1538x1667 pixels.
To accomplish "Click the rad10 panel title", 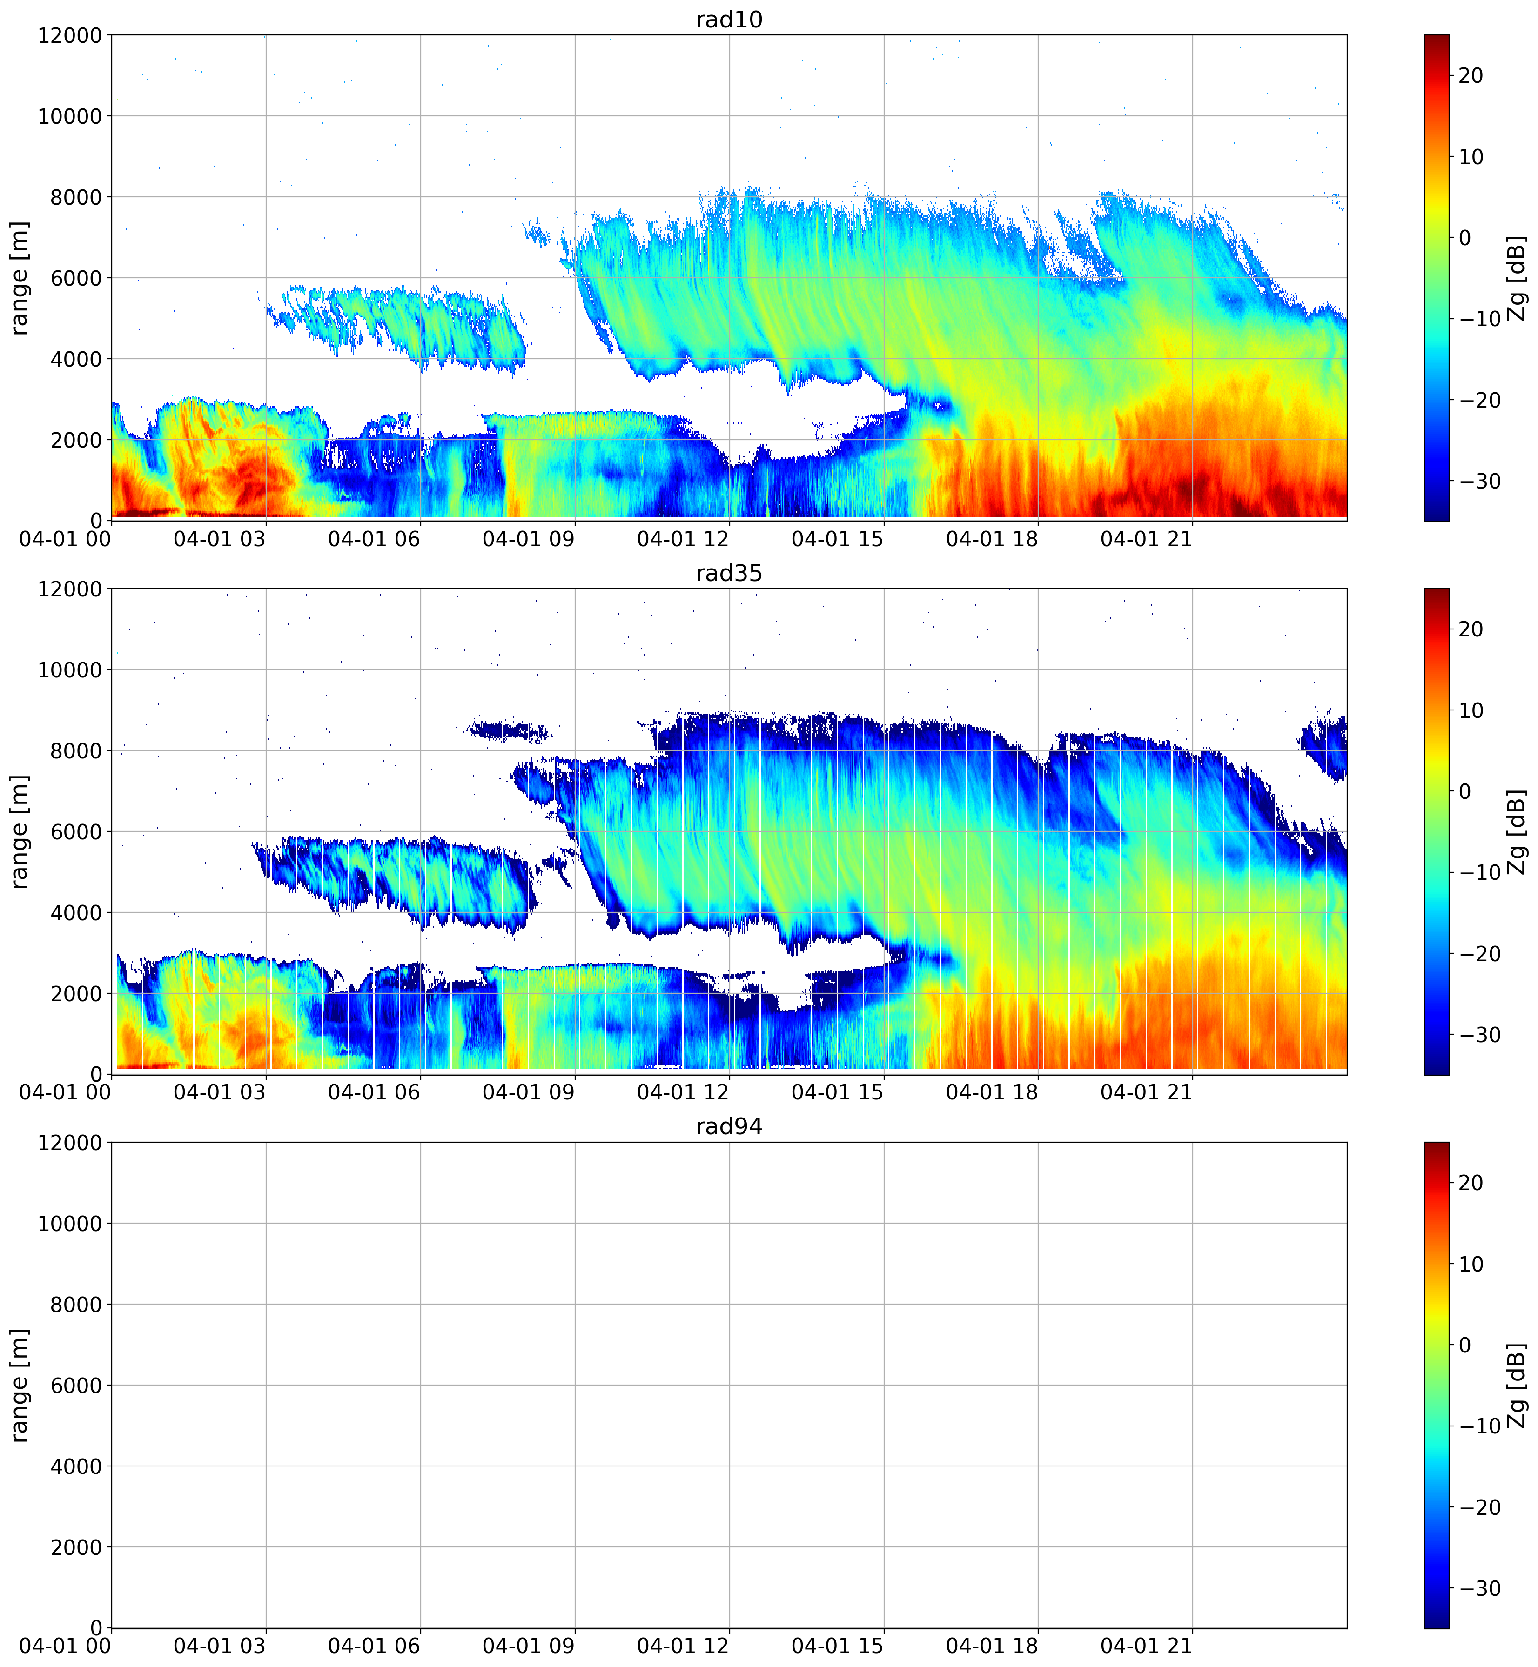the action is tap(729, 19).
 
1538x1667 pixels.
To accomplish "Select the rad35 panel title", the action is tap(729, 573).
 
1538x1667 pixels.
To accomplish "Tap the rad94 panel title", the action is tap(729, 1127).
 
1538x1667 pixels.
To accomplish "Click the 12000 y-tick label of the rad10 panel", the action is tap(70, 36).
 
